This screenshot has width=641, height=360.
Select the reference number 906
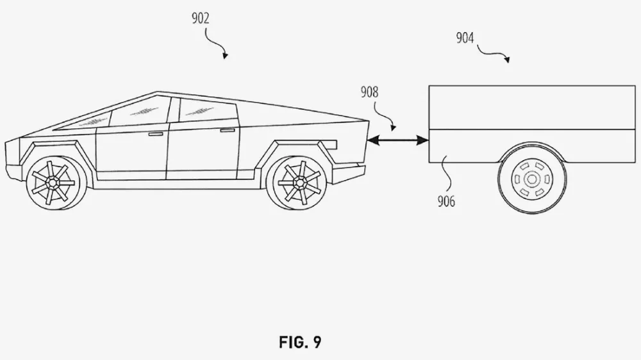pyautogui.click(x=446, y=202)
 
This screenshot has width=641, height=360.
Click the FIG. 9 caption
pyautogui.click(x=300, y=342)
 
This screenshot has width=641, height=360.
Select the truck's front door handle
pyautogui.click(x=155, y=134)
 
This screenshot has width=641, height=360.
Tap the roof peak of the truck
pyautogui.click(x=158, y=93)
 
